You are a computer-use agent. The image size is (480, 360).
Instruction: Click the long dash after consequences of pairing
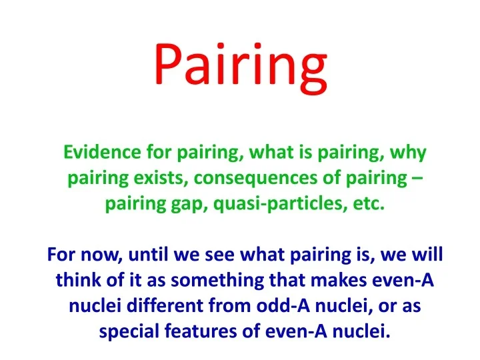[x=417, y=178]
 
